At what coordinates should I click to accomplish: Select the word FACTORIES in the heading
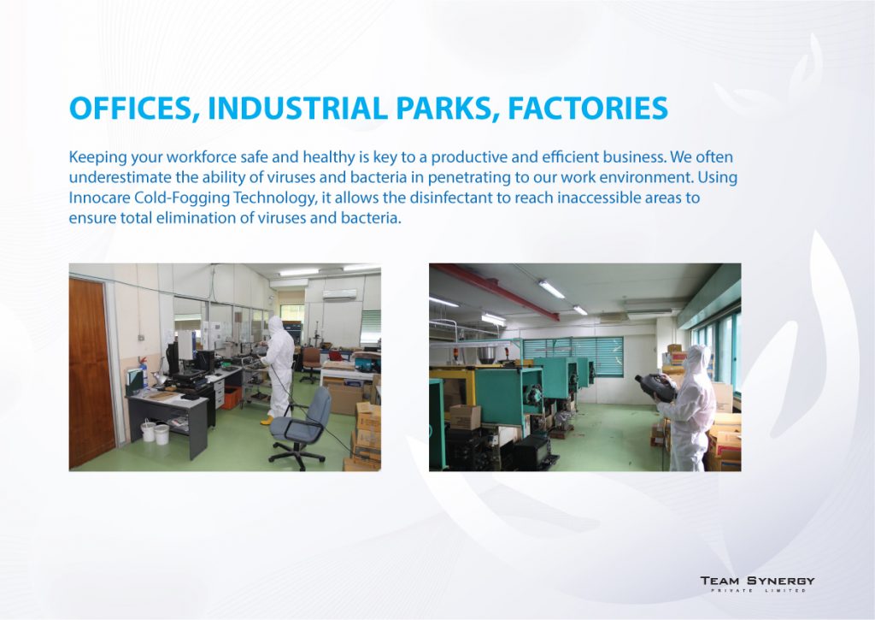588,108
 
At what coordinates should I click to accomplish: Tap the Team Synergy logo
757,584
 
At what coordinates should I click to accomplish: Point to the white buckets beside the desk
155,432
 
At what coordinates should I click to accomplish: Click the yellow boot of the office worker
267,420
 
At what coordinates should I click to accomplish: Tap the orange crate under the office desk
231,397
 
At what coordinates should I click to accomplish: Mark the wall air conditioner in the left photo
339,294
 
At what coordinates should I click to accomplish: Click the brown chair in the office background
311,363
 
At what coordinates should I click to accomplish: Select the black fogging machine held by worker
655,387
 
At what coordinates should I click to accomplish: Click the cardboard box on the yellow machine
465,416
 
